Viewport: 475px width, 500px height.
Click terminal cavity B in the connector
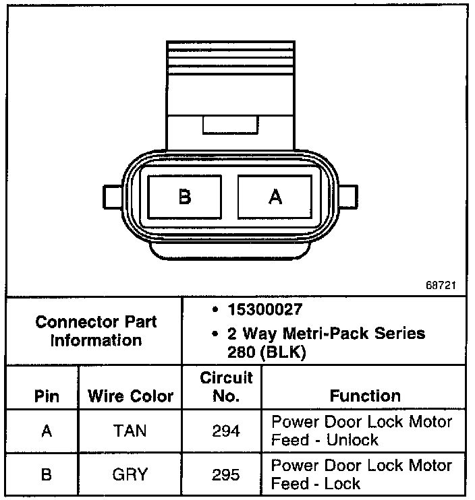(x=185, y=197)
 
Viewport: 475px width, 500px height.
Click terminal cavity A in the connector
(x=275, y=197)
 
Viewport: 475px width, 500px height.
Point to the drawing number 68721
(x=441, y=285)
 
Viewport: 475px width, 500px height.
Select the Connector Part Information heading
(x=96, y=330)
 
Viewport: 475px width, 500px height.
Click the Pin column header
(x=46, y=396)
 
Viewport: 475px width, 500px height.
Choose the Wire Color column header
(x=130, y=396)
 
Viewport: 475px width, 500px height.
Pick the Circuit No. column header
(x=226, y=387)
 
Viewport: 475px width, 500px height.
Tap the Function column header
(x=365, y=396)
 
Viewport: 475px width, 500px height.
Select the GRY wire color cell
(x=130, y=475)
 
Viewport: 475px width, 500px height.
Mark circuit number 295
(x=226, y=475)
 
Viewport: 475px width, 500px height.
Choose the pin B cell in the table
(x=46, y=475)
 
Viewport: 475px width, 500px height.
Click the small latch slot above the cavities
(x=229, y=125)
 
